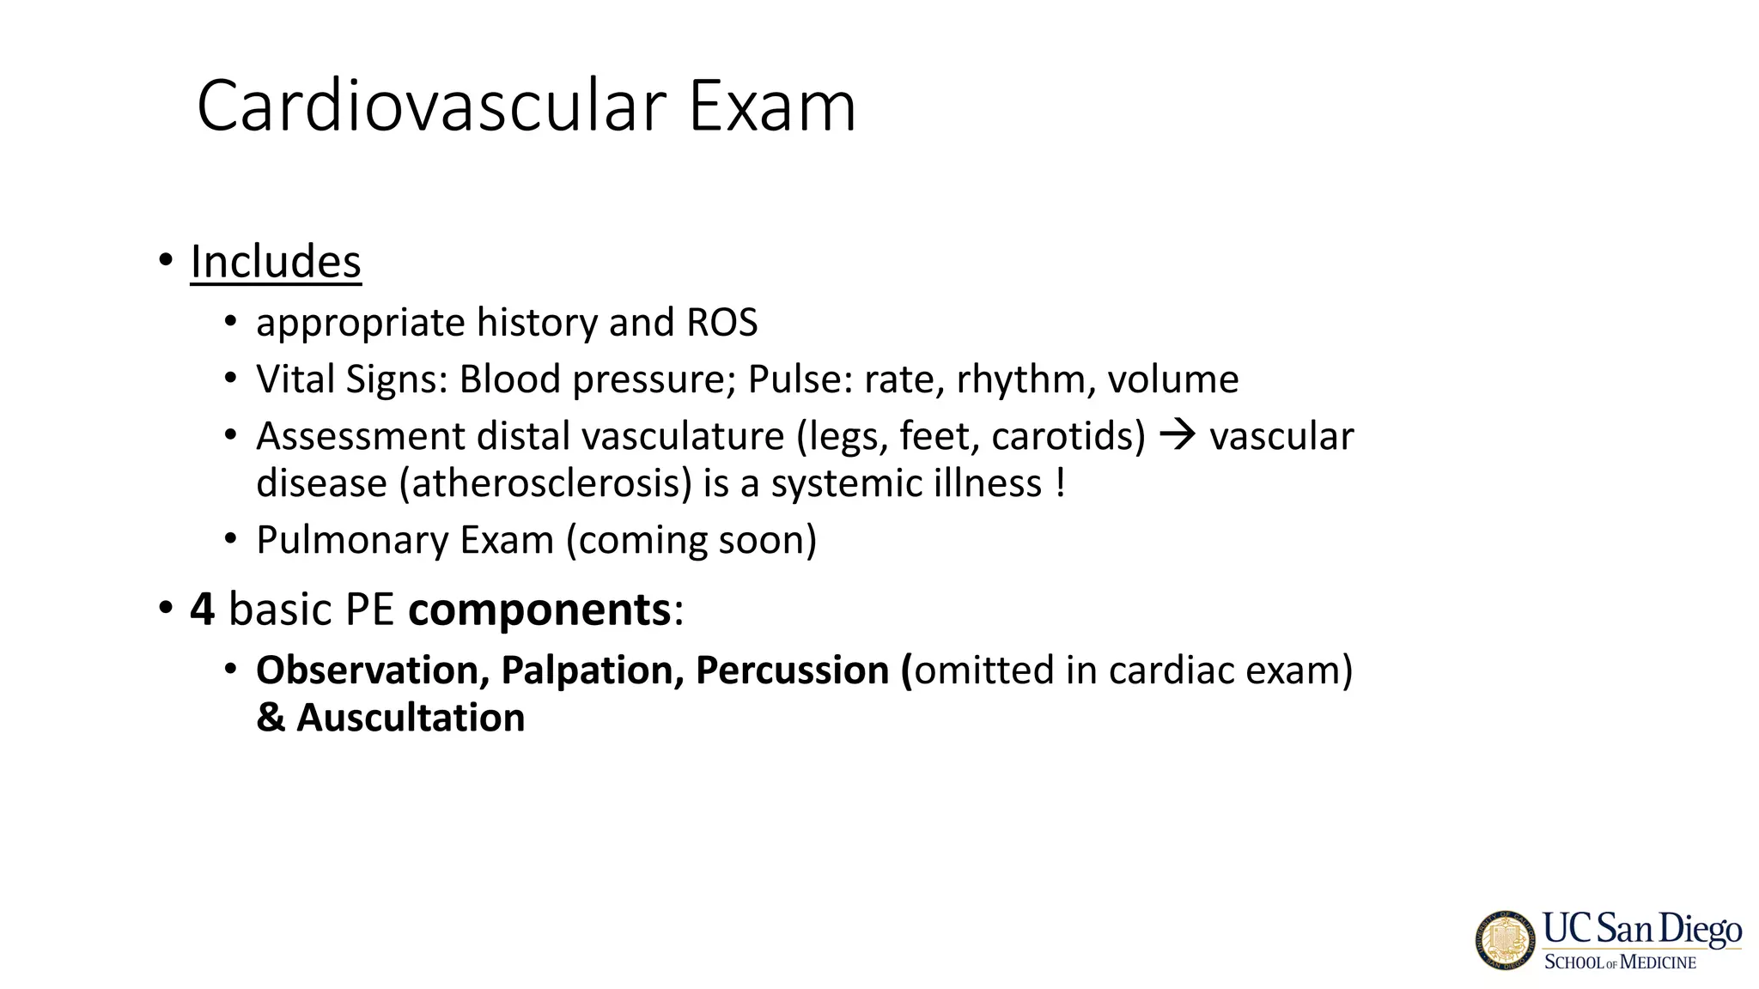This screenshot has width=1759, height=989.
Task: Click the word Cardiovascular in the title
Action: coord(432,106)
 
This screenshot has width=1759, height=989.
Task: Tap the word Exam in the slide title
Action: coord(771,106)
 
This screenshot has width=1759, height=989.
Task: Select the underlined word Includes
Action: coord(276,261)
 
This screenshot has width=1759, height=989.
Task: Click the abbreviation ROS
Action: coord(721,323)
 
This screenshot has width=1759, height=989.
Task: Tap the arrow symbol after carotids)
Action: coord(1178,435)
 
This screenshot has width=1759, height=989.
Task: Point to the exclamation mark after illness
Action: coord(1062,482)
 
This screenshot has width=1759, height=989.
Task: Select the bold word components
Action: coord(539,610)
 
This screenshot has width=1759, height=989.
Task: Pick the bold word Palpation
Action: coord(592,670)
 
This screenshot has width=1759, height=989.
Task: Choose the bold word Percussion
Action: coord(792,670)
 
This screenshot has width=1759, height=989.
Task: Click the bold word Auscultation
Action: coord(411,718)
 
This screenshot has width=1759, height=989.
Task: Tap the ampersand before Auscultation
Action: coord(271,718)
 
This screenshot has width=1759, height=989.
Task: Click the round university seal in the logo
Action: coord(1506,940)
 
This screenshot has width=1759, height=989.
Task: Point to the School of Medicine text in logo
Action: coord(1620,962)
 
